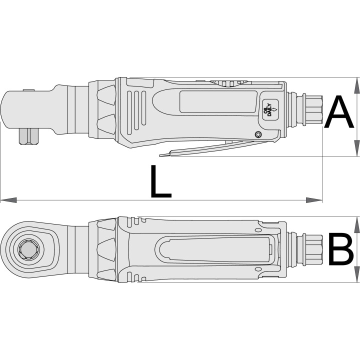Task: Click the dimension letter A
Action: (339, 112)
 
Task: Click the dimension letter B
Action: (340, 249)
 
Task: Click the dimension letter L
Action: (160, 181)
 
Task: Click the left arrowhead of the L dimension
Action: (8, 200)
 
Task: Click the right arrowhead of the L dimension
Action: (314, 200)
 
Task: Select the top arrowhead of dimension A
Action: (356, 85)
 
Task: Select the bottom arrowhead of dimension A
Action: (356, 148)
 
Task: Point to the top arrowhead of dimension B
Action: (356, 224)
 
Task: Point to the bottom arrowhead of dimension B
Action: (356, 274)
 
